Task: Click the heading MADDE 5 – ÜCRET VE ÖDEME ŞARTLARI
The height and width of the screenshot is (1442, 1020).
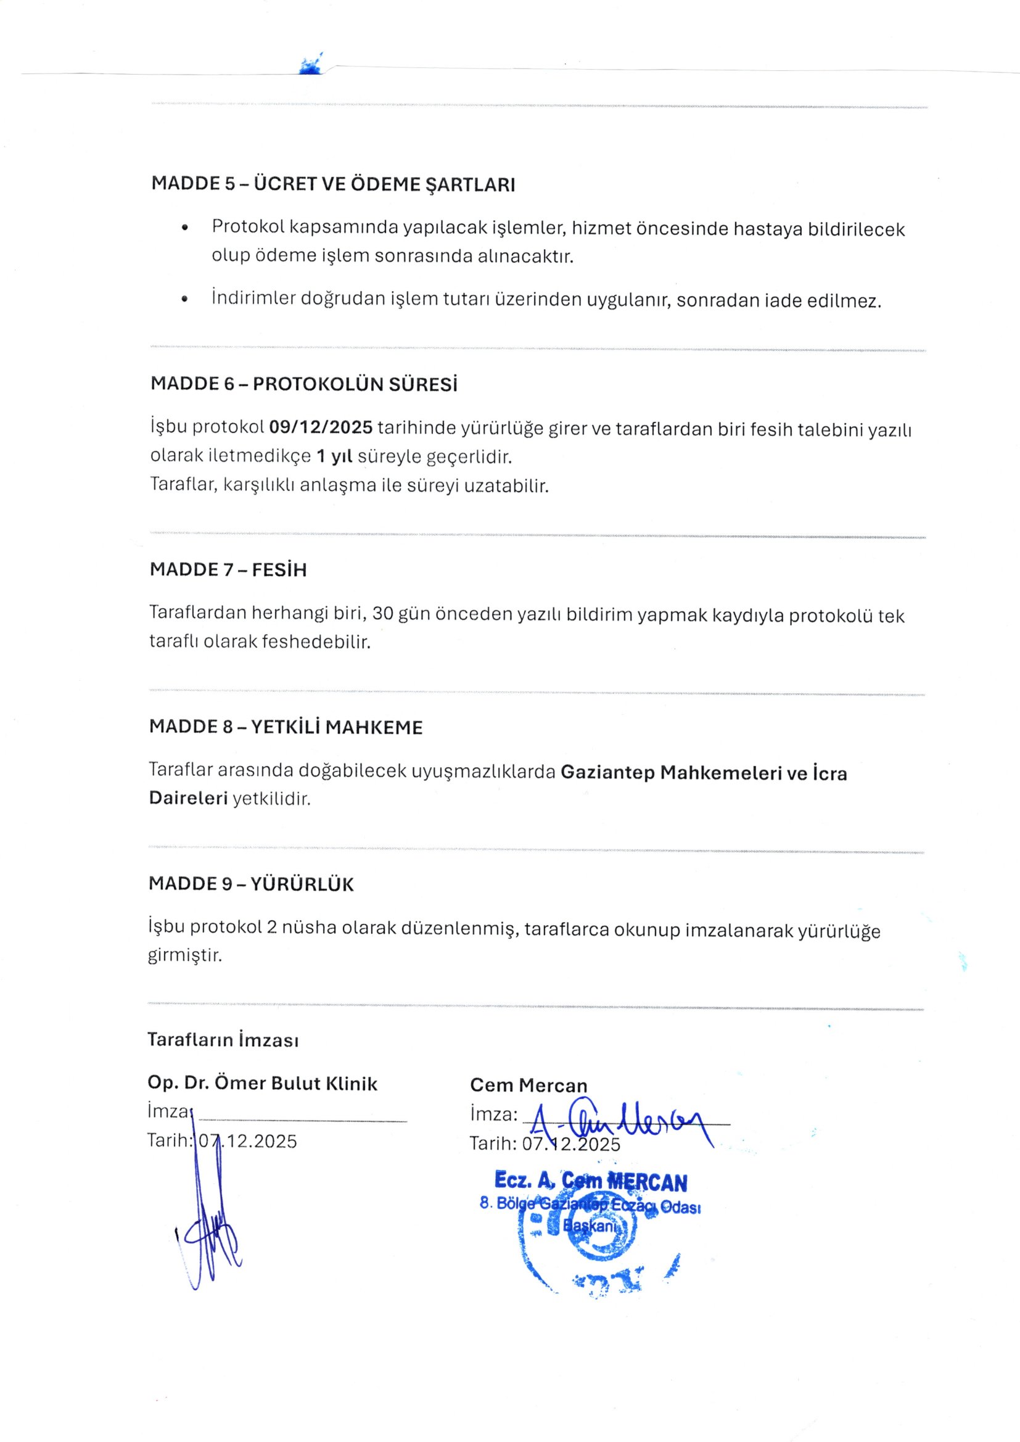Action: coord(333,184)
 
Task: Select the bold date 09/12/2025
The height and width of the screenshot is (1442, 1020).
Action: coord(321,427)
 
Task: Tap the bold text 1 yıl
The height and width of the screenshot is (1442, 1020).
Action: coord(334,456)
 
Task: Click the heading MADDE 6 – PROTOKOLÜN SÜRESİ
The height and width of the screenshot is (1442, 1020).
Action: coord(304,384)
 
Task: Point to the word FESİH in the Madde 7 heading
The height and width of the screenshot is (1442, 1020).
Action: coord(279,570)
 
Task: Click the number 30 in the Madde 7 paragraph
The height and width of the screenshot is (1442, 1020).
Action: coord(382,613)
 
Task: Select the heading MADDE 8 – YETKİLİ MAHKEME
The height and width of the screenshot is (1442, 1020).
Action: coord(286,727)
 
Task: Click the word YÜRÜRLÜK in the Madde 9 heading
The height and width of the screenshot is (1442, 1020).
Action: coord(302,884)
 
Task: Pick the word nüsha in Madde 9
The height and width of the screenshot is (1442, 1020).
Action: coord(309,928)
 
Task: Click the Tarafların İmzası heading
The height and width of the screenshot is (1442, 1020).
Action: coord(223,1040)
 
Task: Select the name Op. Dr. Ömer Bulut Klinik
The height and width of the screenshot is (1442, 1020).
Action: coord(263,1084)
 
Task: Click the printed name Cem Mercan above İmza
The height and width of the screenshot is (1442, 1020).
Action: coord(529,1086)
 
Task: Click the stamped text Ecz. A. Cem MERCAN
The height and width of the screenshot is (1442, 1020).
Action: coord(590,1182)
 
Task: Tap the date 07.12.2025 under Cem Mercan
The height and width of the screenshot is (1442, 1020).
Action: coord(571,1144)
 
